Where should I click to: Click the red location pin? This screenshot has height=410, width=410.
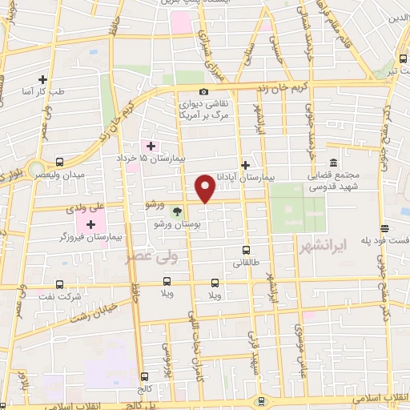(x=206, y=188)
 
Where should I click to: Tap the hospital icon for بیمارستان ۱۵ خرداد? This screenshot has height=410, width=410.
(x=150, y=145)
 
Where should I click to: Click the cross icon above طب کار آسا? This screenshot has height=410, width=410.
(x=42, y=79)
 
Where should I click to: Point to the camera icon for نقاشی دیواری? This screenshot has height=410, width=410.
(x=204, y=91)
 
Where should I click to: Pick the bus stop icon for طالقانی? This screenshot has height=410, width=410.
(x=246, y=249)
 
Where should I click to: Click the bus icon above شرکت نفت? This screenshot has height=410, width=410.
(x=61, y=283)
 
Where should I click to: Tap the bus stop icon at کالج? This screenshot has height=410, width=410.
(x=144, y=376)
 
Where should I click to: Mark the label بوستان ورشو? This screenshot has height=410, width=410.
(x=180, y=225)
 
